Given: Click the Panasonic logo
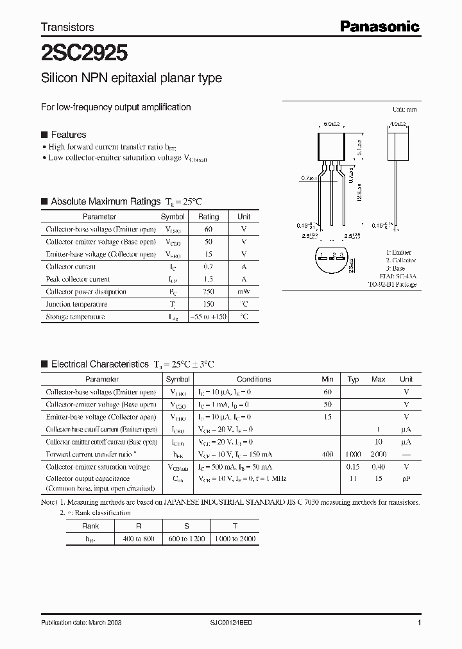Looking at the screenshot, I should (x=379, y=26).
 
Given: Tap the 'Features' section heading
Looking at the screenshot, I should (x=68, y=135).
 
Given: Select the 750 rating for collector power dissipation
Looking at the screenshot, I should (x=208, y=292).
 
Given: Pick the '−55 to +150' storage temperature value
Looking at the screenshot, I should (x=208, y=317).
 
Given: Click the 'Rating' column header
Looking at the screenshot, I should (x=208, y=217).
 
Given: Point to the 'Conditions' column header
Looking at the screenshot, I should (x=253, y=379).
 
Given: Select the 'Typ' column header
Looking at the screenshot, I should (x=353, y=379).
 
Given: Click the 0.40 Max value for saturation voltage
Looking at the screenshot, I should (x=379, y=467).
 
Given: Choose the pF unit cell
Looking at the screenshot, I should (x=406, y=478).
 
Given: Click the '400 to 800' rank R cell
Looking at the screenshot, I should (x=139, y=539).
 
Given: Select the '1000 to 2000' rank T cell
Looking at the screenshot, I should (x=235, y=539).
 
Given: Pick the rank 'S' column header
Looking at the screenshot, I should (x=187, y=525).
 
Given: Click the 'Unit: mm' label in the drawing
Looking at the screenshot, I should (x=404, y=110).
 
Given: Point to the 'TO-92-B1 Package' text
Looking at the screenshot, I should (x=392, y=284).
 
